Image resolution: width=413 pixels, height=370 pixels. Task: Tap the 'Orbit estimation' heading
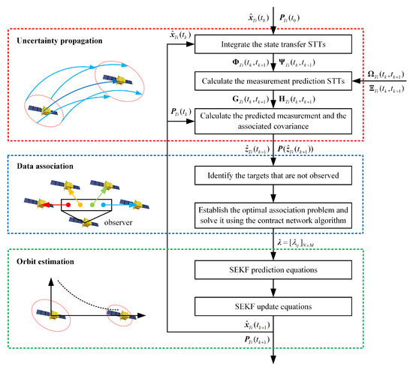(x=44, y=263)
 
